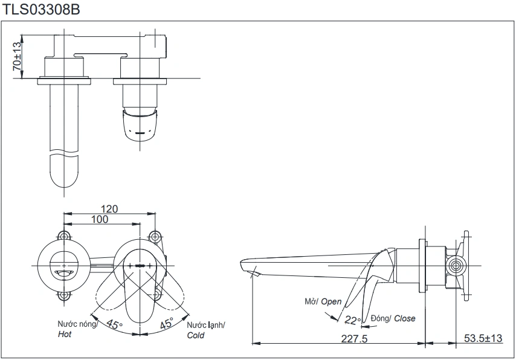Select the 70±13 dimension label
tap(17, 56)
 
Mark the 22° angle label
tap(352, 320)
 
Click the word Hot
tap(65, 334)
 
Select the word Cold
tap(196, 335)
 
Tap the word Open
tap(331, 301)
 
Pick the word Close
tap(405, 318)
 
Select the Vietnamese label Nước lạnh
tap(205, 325)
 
